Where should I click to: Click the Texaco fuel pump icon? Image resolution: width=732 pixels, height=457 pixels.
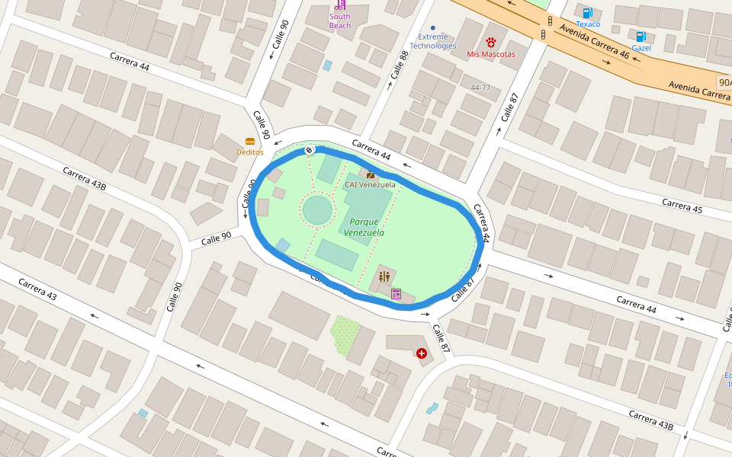tap(587, 13)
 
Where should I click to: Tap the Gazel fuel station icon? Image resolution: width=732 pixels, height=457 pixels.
tap(641, 37)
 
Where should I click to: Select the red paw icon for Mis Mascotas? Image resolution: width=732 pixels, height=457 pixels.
tap(490, 43)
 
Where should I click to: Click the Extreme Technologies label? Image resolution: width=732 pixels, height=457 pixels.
tap(432, 41)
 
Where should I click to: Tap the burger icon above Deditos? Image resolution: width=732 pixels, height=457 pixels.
tap(249, 141)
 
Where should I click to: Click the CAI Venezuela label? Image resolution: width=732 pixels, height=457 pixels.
tap(370, 184)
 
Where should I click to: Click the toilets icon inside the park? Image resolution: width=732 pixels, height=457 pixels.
tap(384, 276)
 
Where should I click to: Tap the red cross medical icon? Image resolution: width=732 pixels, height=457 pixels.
tap(422, 353)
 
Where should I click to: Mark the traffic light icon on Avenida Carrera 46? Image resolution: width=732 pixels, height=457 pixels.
tap(543, 34)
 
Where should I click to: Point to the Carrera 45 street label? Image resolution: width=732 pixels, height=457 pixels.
tap(682, 206)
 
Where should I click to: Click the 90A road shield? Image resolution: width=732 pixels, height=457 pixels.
tap(724, 81)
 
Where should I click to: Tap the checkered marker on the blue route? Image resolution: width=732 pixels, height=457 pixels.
tap(310, 150)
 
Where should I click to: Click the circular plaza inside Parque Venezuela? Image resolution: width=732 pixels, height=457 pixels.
tap(317, 210)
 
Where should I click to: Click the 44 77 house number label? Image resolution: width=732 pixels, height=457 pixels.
tap(480, 88)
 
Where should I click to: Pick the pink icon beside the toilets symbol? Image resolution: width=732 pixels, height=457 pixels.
tap(396, 293)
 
